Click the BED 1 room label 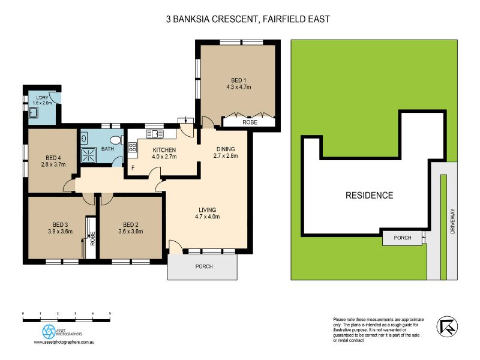pyautogui.click(x=238, y=80)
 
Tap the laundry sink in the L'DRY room pyautogui.click(x=33, y=113)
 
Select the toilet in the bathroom pyautogui.click(x=116, y=140)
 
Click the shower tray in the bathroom pyautogui.click(x=88, y=155)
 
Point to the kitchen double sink pyautogui.click(x=155, y=134)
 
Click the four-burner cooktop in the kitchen pyautogui.click(x=132, y=147)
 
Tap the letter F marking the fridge pyautogui.click(x=133, y=168)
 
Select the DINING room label pyautogui.click(x=226, y=149)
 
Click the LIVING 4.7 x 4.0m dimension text pyautogui.click(x=208, y=217)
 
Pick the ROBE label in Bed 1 pyautogui.click(x=250, y=122)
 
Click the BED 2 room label pyautogui.click(x=131, y=224)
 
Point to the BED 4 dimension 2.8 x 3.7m pyautogui.click(x=53, y=164)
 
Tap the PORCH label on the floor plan pyautogui.click(x=204, y=266)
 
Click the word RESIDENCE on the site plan pyautogui.click(x=369, y=196)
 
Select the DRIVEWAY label pyautogui.click(x=452, y=221)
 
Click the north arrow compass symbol pyautogui.click(x=447, y=326)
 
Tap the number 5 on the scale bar pyautogui.click(x=110, y=313)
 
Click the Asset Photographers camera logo pyautogui.click(x=49, y=332)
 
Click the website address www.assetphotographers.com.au pyautogui.click(x=64, y=342)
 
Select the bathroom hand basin pyautogui.click(x=84, y=137)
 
